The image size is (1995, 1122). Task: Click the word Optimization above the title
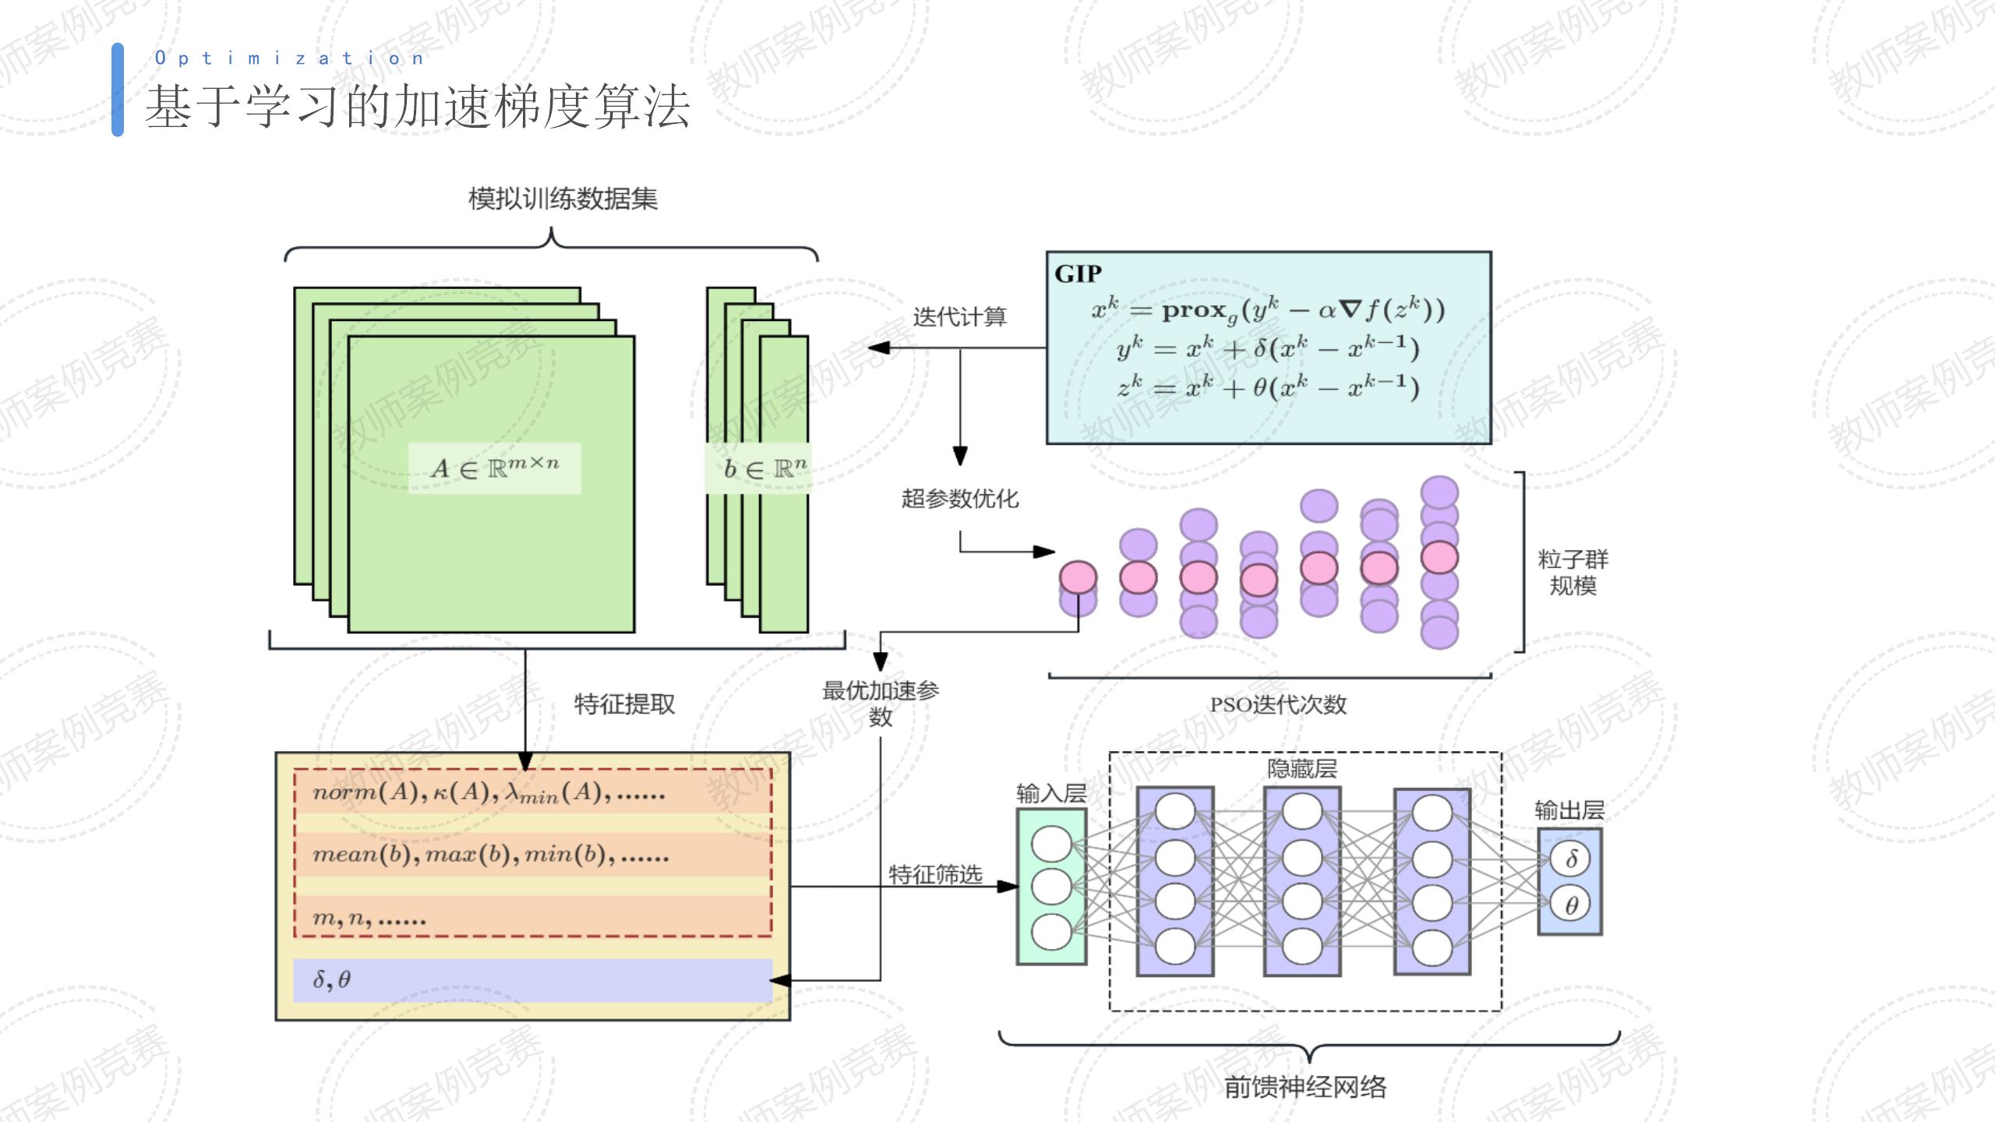(289, 58)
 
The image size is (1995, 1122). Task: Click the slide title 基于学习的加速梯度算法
(418, 107)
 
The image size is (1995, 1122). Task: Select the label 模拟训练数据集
(563, 199)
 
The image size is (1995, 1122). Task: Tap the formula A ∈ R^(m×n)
(495, 468)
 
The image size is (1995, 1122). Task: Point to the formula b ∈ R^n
(764, 468)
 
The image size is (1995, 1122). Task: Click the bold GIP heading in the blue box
(1078, 274)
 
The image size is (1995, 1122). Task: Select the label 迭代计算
(959, 317)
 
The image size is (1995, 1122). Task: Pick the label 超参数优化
(960, 499)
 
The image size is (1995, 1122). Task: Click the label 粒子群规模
(1573, 573)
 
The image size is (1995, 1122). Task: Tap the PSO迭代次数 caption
(1277, 705)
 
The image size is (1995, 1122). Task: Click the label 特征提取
(624, 704)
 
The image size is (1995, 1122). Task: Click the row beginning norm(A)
(489, 793)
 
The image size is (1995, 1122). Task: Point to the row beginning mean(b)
(491, 856)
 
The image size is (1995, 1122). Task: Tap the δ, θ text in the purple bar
(331, 980)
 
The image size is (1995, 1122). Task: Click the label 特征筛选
(935, 875)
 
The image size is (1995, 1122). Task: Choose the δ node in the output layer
(1571, 859)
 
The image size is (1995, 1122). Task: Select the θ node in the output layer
(1571, 905)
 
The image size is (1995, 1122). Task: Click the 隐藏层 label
(1301, 770)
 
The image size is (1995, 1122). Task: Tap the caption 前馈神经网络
(1305, 1087)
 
